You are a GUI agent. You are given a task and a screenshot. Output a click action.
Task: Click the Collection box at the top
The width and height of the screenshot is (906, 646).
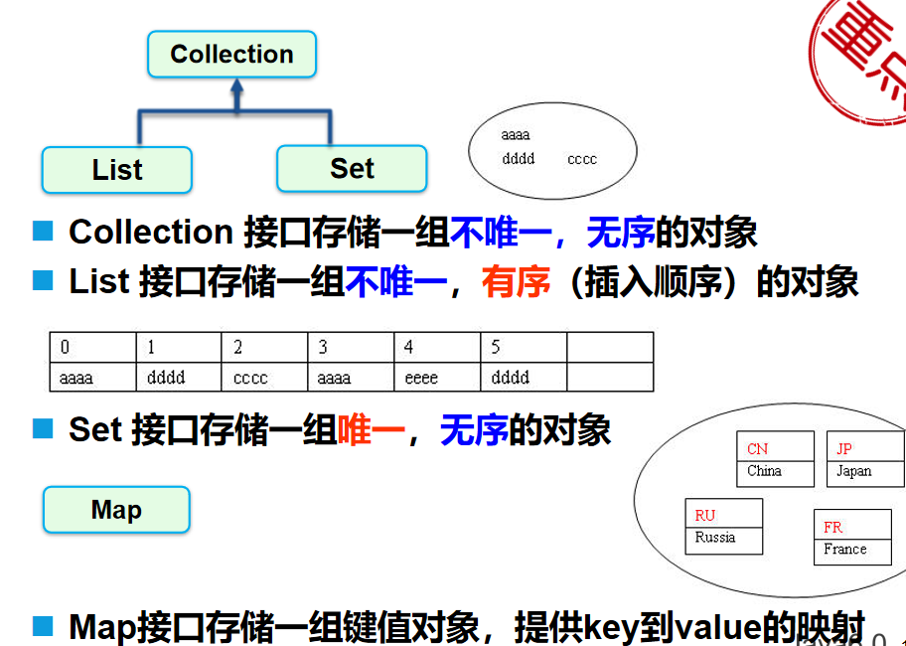pos(231,55)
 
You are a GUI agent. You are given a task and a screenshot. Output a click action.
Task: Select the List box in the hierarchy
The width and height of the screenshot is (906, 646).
pos(117,170)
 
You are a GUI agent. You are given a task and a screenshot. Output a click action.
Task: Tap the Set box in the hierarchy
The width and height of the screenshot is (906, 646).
pos(352,169)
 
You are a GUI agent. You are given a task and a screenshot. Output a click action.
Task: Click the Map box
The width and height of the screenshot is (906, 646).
pos(116,511)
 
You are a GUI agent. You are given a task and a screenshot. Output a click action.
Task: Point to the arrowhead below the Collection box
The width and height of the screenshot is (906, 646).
pos(235,88)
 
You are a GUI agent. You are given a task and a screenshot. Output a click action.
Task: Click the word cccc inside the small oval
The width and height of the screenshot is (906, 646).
pos(582,159)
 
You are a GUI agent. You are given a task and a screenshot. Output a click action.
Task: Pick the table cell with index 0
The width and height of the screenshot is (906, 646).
pos(92,348)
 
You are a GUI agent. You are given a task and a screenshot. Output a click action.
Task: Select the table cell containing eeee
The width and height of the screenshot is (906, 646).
pos(437,378)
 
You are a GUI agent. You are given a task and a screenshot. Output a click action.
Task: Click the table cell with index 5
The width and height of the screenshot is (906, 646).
pos(524,348)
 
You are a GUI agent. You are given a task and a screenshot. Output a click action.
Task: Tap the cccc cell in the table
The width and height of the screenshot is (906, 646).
pos(264,378)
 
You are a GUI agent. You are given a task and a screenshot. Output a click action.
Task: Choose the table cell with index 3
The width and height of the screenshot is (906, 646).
pos(351,348)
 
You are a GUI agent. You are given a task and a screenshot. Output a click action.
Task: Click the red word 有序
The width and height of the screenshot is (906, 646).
pos(516,282)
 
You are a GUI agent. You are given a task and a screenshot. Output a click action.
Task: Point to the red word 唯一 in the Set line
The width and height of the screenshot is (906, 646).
pos(372,430)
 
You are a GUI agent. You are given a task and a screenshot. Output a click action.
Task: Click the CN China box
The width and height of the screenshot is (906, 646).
pos(775,459)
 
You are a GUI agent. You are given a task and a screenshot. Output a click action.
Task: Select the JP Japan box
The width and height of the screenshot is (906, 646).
pos(864,459)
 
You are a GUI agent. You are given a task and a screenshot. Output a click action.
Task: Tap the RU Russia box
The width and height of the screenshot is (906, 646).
pos(724,527)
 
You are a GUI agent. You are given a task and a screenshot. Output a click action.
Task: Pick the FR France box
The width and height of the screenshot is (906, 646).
pos(853,538)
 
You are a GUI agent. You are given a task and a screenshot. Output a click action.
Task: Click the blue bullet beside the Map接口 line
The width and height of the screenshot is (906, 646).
pos(42,626)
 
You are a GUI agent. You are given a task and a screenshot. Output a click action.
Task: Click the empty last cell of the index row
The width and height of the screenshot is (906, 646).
pos(610,348)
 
